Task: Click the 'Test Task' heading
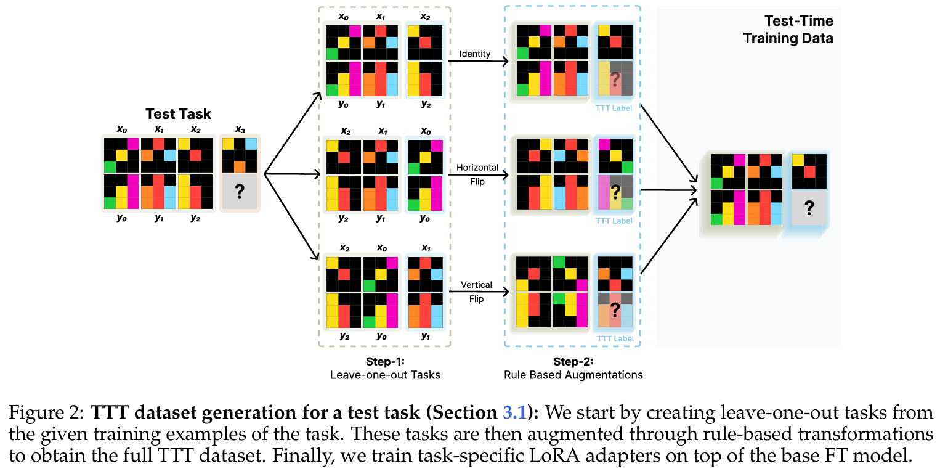[178, 114]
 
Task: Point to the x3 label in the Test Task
[240, 129]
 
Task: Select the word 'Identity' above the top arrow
[475, 54]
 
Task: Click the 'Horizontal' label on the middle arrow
[477, 168]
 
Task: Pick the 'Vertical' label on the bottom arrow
[477, 285]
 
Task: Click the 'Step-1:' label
[385, 362]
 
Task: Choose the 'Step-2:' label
[573, 362]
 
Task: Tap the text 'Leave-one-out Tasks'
[386, 375]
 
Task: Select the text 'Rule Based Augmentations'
[573, 375]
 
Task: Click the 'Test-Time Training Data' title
[788, 30]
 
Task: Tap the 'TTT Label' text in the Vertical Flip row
[614, 339]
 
